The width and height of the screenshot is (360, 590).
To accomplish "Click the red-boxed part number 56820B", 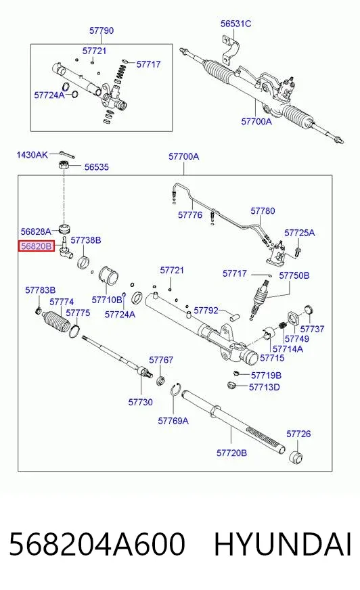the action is (37, 246).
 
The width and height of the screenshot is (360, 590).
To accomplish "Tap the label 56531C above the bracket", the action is (236, 24).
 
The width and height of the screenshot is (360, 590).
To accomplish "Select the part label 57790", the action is (102, 30).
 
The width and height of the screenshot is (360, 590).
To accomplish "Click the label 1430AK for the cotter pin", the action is (32, 155).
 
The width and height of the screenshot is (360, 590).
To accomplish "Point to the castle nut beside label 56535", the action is (64, 164).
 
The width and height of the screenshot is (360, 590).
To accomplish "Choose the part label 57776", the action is (190, 215).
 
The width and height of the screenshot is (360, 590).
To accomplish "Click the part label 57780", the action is (263, 210).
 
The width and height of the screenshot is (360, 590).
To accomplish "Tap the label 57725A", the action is (299, 233).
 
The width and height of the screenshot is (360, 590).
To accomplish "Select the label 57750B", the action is (294, 276).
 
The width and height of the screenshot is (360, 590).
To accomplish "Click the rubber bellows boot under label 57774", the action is (56, 321).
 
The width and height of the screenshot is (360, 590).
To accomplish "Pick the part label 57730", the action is (140, 402).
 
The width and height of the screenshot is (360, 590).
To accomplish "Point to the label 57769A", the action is (173, 421).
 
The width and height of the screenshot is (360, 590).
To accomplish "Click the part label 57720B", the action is (231, 453).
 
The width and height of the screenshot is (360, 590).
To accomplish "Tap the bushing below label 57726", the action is (295, 456).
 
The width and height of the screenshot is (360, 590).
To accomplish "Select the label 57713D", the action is (265, 387).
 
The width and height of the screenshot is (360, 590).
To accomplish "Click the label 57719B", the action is (266, 376).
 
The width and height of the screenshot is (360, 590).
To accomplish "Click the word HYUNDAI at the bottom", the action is (282, 544).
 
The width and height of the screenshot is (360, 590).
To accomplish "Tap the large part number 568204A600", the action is (97, 544).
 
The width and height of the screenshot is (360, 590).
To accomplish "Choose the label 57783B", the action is (40, 290).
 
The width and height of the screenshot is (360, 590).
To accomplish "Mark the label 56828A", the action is (36, 231).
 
